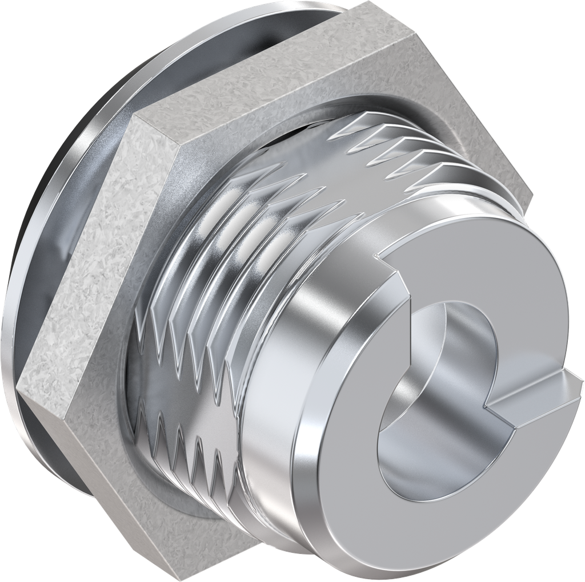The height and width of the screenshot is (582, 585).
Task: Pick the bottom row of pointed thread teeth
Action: pos(183,451)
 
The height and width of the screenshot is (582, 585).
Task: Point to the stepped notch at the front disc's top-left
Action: pos(394,274)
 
